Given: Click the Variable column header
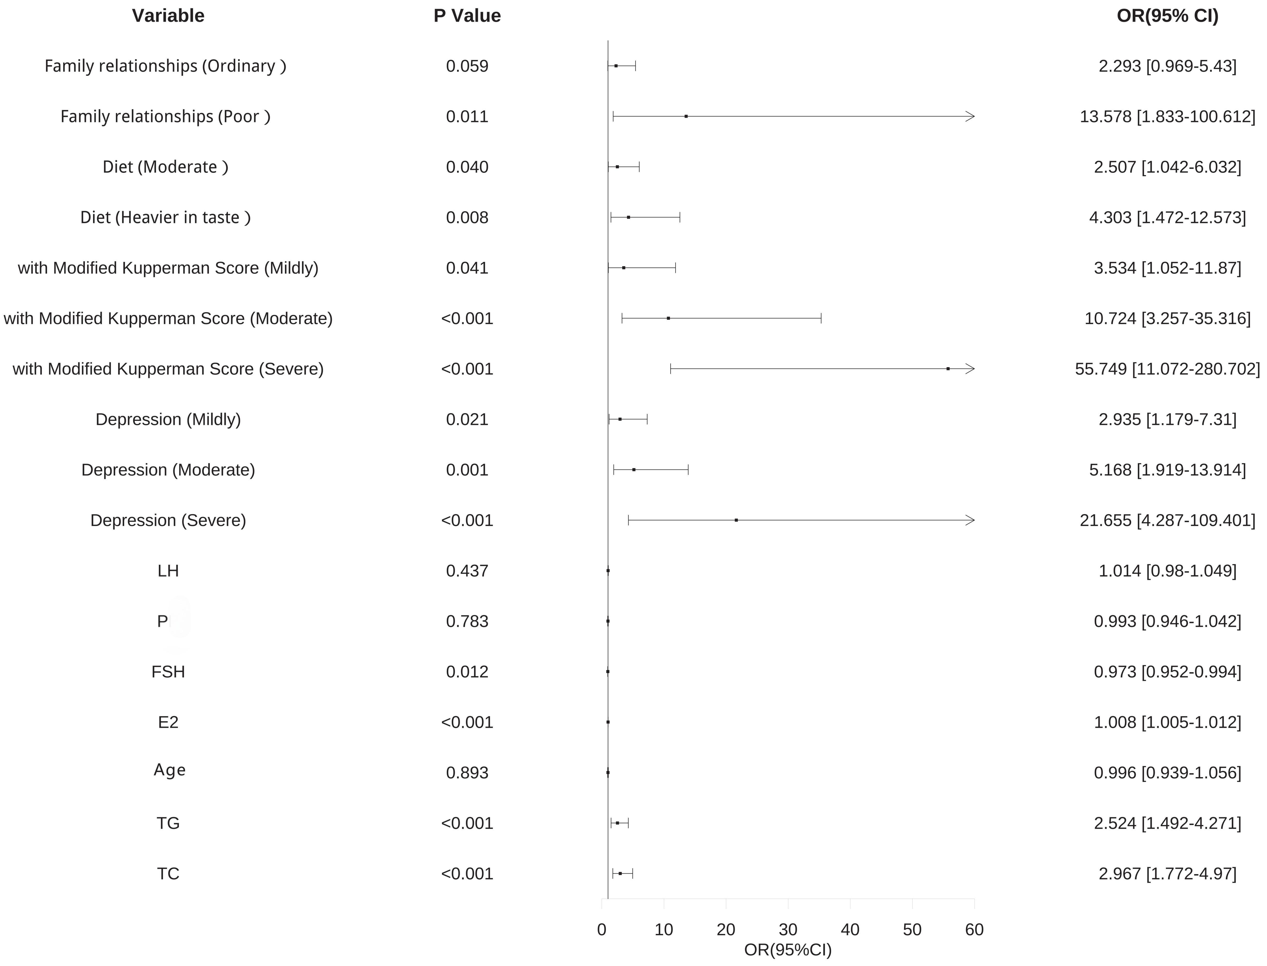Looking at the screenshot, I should (168, 16).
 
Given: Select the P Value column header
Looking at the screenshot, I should (467, 16).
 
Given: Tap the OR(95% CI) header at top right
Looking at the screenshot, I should (1167, 16).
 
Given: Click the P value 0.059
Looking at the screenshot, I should (467, 66).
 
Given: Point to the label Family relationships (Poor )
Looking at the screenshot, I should (166, 117).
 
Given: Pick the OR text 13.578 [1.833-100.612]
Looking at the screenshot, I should (1167, 117).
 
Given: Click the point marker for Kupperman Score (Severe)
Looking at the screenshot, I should (948, 368).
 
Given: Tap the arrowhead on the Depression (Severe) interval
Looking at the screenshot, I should (971, 520).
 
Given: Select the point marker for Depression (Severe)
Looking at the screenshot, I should (736, 520).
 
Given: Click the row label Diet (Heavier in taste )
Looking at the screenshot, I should (166, 217).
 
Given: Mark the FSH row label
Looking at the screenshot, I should (168, 671).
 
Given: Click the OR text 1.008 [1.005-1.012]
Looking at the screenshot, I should (1167, 722).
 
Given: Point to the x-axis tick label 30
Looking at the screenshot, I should (788, 930).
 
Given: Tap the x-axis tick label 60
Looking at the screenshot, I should (974, 930).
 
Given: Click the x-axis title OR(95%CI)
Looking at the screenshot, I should (788, 950).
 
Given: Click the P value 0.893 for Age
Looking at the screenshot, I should (467, 773).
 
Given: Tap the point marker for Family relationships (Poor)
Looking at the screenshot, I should (686, 117).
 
